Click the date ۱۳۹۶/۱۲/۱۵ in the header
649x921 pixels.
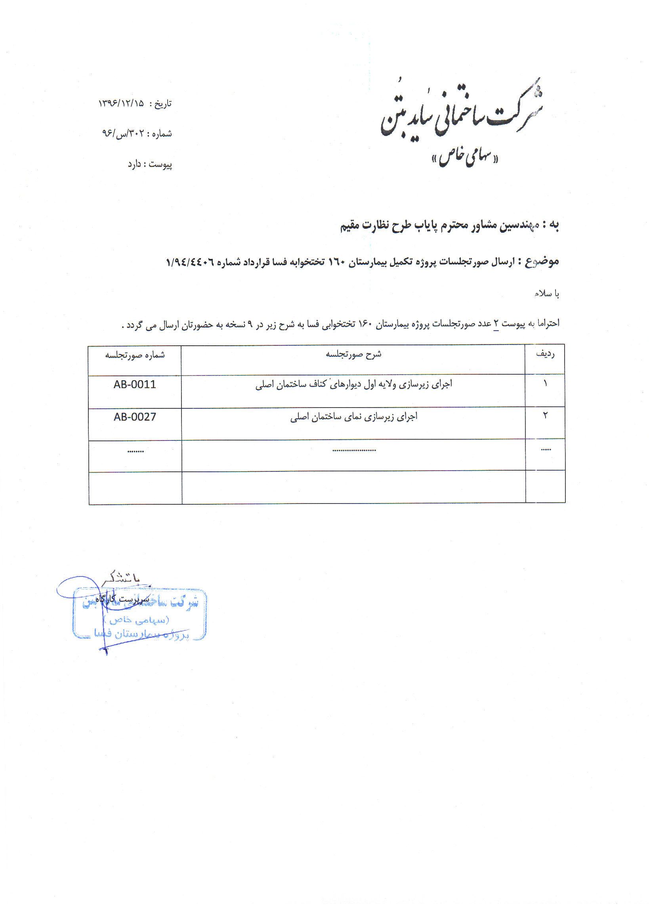coord(121,103)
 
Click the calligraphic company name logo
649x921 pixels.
coord(461,110)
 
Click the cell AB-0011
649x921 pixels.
coord(135,385)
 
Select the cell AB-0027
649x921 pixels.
coord(135,417)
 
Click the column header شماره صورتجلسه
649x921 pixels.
coord(135,355)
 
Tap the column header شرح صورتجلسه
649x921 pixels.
coord(353,354)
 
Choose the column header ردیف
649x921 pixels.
coord(545,354)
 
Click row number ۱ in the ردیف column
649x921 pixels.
coord(545,384)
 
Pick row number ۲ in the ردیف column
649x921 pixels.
coord(545,416)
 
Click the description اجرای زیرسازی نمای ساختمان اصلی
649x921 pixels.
coord(353,417)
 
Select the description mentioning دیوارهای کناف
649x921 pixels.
coord(353,384)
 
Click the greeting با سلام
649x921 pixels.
coord(546,294)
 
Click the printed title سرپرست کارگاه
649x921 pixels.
coord(122,599)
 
